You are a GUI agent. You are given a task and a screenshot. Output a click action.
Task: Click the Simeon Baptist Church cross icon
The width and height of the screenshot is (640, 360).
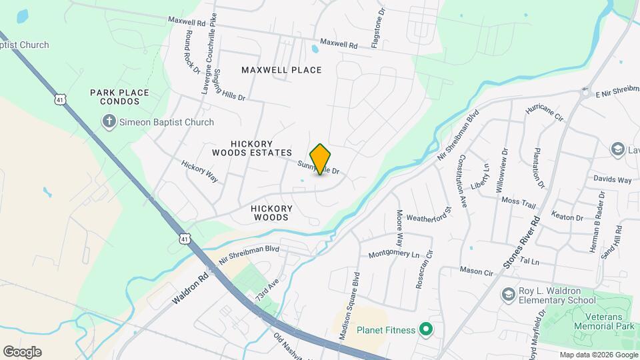pos(109,121)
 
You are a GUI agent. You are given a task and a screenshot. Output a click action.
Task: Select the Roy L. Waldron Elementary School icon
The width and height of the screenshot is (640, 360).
pos(509,294)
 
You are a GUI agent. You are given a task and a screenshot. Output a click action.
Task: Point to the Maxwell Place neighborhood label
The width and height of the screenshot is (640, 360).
pos(281,70)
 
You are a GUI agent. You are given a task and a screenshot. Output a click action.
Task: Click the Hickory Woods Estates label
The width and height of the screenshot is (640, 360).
pos(261,148)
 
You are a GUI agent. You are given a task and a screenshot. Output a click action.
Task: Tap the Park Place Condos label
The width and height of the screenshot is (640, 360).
pos(119,97)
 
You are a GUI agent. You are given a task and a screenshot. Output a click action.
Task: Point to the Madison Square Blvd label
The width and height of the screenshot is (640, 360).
pos(349,306)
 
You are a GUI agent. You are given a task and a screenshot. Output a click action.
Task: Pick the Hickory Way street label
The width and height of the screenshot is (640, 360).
pos(200,171)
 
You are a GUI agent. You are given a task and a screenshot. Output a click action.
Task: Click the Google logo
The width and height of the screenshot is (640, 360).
pos(22,351)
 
